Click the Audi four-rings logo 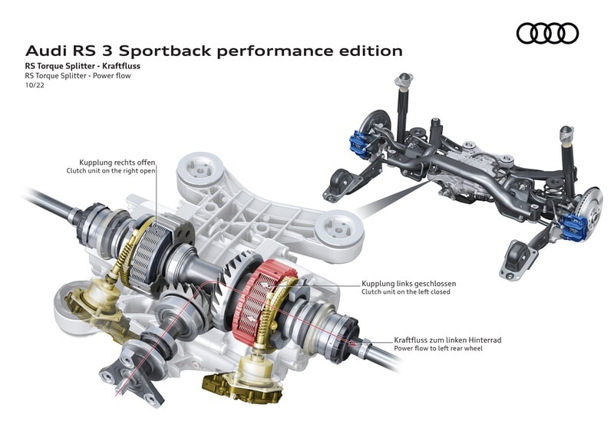point(547,33)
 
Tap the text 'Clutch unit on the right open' point(112,171)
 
